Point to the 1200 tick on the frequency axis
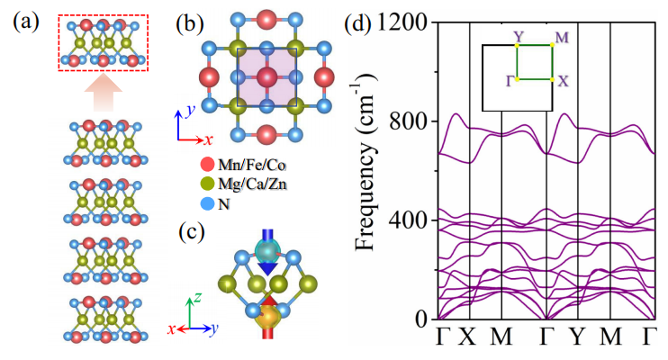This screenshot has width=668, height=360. (x=403, y=20)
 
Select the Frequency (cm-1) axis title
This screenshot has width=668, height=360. (x=366, y=170)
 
